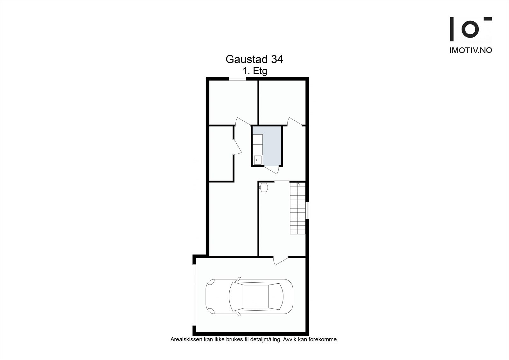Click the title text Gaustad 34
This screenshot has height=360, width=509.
[254, 59]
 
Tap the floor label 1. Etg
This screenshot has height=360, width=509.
[255, 71]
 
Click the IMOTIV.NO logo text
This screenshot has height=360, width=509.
[471, 50]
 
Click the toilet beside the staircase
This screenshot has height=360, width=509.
[263, 187]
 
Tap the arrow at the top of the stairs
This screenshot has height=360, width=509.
[298, 184]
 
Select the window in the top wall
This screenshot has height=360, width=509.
[238, 79]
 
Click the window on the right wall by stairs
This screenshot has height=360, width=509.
[307, 210]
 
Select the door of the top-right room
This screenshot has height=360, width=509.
[295, 122]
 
